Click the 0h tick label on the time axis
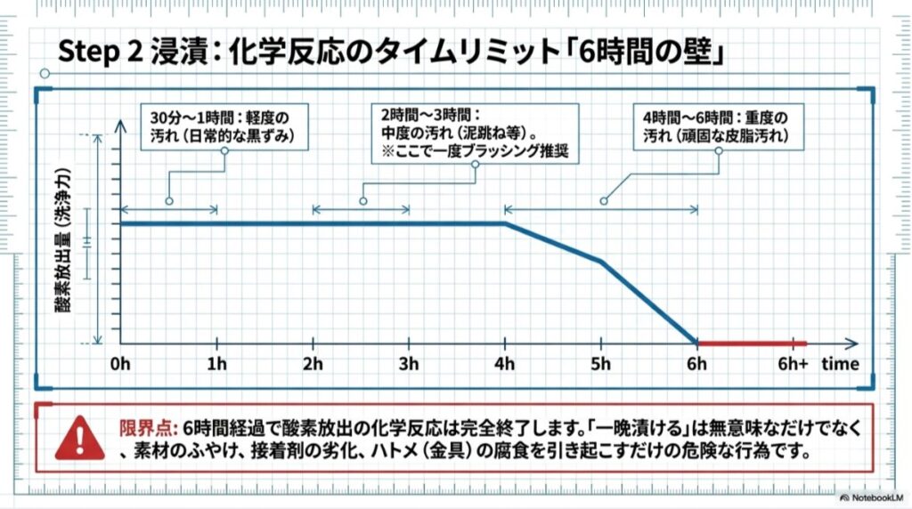(120, 364)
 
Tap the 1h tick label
(216, 364)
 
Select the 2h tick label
(313, 364)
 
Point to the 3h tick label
(409, 364)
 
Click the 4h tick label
(505, 364)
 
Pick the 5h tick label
(601, 364)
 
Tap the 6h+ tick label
(792, 364)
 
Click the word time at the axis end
(841, 364)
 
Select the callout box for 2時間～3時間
(474, 133)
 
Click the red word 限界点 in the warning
(141, 426)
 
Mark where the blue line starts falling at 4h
(505, 223)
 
